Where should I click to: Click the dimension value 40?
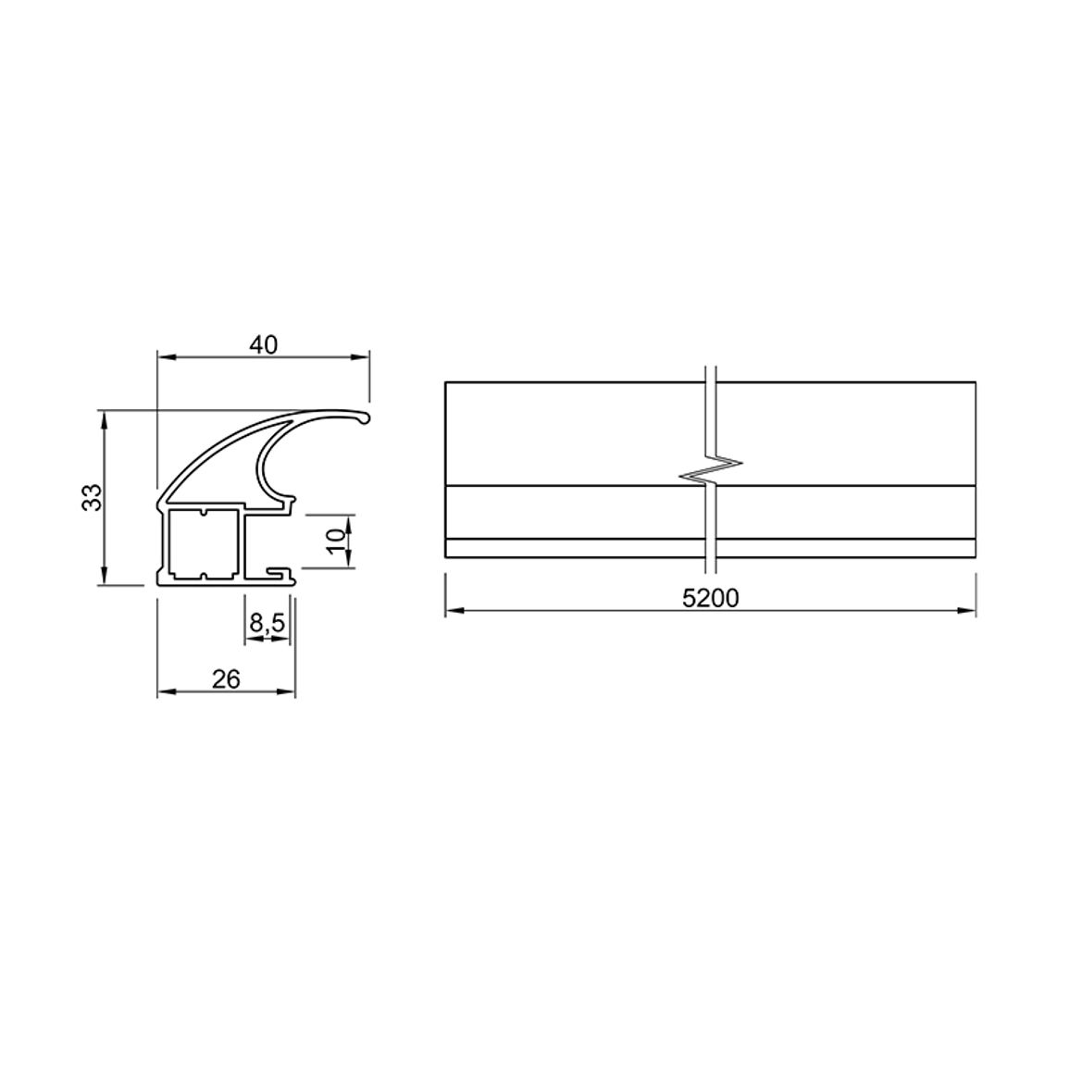tap(264, 345)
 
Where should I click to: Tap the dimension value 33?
tap(92, 497)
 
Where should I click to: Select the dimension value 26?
tap(226, 679)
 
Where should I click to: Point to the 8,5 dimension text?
tap(267, 623)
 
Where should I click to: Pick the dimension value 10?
tap(336, 541)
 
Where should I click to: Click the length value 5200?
tap(710, 599)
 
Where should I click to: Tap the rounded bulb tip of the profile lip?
tap(365, 417)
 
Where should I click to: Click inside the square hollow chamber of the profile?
tap(203, 543)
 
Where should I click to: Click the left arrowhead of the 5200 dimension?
tap(454, 611)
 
